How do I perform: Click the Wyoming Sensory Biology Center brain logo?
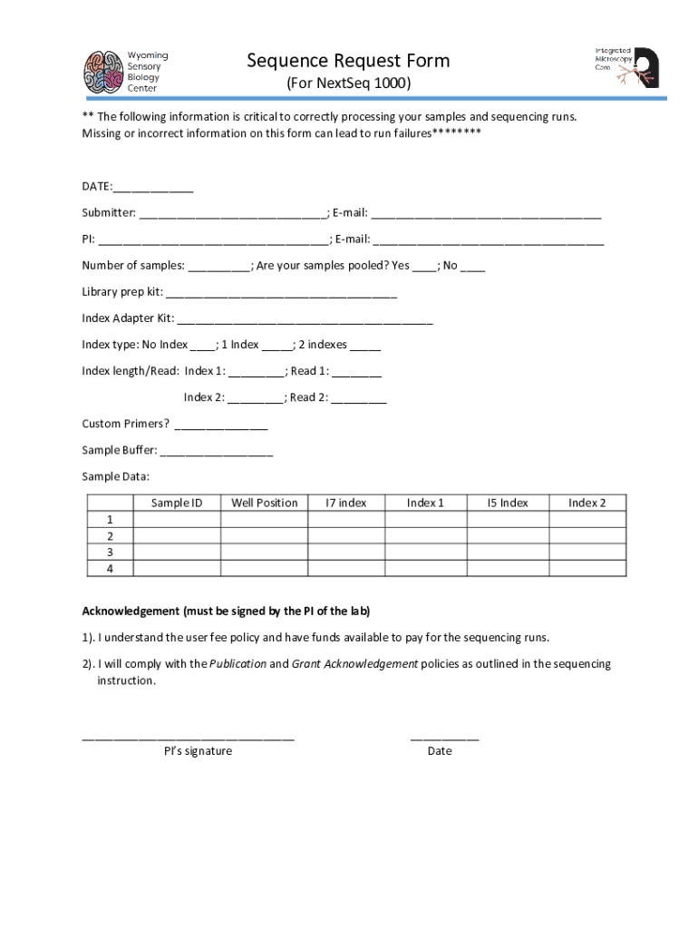(x=102, y=72)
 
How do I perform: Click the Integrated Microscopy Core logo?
(x=626, y=66)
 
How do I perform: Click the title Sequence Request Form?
(x=348, y=62)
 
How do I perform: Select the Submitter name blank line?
(x=232, y=215)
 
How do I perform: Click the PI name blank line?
(x=213, y=241)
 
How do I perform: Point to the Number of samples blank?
(x=219, y=268)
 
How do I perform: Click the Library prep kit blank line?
(x=281, y=294)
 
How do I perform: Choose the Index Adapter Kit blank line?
(x=305, y=320)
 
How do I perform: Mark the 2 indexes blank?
(x=364, y=347)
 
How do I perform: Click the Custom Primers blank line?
(x=220, y=425)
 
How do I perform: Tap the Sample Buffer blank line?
(x=216, y=452)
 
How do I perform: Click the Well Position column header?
(x=265, y=503)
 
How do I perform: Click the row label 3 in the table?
(x=110, y=552)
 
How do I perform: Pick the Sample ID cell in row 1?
(x=177, y=520)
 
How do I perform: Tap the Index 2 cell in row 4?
(x=587, y=569)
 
